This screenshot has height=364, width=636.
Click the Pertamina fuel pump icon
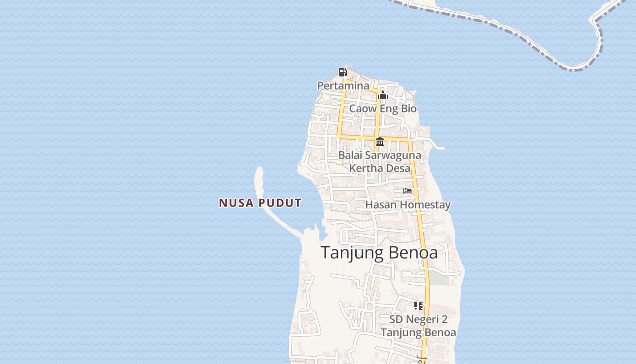point(343,72)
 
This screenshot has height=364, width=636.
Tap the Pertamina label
point(343,86)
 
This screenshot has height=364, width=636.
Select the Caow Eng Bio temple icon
point(383,96)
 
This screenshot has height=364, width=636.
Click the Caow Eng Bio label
point(383,109)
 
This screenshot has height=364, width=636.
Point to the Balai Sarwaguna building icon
point(380,142)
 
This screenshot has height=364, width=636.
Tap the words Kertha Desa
point(379,168)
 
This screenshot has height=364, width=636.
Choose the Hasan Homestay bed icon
point(407,191)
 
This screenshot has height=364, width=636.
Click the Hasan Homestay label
point(407,205)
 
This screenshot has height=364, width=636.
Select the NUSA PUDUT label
point(260,203)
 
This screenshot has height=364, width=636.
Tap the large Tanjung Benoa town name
point(379,253)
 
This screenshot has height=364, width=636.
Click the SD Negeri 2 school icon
point(418,306)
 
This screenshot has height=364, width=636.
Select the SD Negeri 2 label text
point(418,319)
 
